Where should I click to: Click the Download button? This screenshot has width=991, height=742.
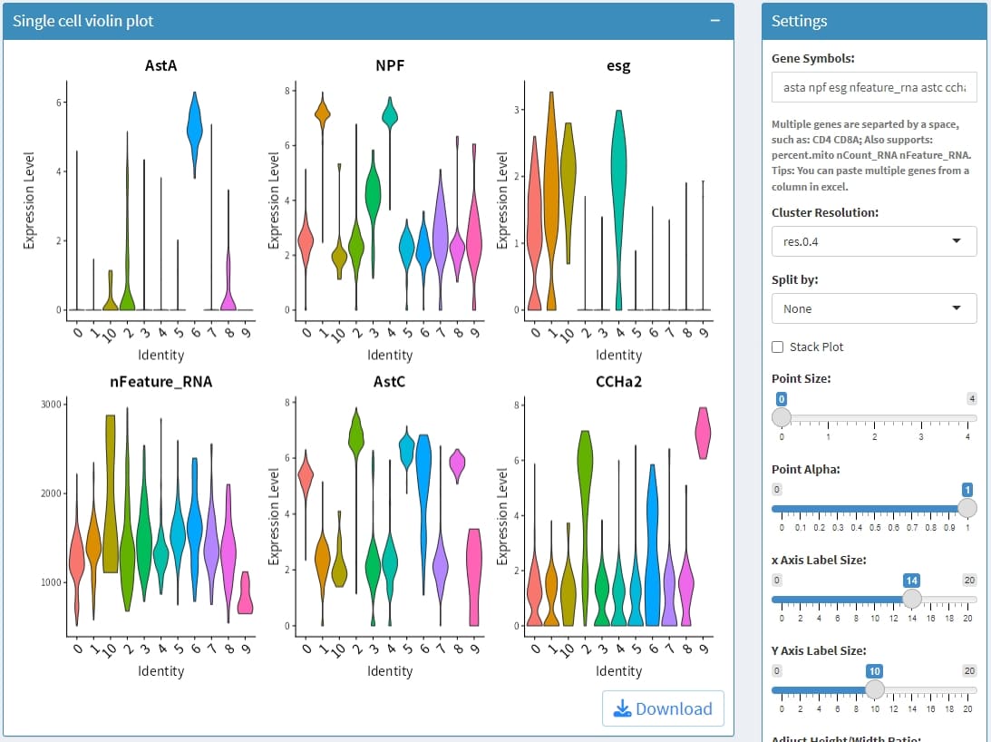click(x=663, y=708)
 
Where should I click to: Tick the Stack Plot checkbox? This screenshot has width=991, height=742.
click(x=777, y=347)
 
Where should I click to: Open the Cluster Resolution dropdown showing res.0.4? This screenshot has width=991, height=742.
click(x=874, y=241)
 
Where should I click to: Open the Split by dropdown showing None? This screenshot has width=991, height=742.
click(x=874, y=308)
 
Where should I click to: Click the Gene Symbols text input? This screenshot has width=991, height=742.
click(x=874, y=87)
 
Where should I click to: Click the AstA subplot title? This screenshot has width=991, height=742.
click(x=161, y=65)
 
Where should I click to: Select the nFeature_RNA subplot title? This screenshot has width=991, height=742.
click(x=161, y=382)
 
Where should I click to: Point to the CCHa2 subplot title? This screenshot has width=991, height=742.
click(x=618, y=382)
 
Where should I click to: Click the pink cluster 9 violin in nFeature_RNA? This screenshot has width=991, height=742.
click(x=246, y=594)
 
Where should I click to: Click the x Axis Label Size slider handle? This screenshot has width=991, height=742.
click(x=912, y=599)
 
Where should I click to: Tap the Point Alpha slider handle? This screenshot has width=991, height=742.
click(x=967, y=508)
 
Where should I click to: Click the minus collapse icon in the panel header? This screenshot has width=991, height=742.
click(x=715, y=21)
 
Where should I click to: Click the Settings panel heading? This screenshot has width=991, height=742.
click(x=800, y=21)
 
